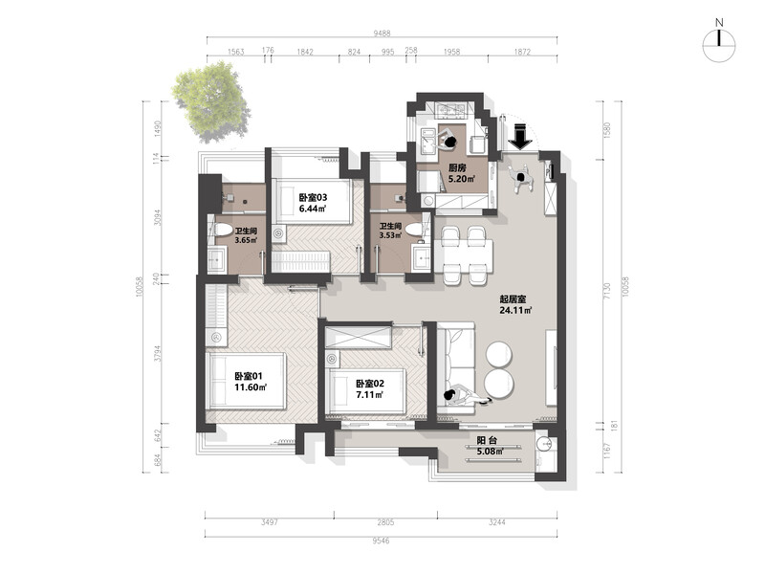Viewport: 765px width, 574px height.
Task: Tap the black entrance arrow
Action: tap(521, 137)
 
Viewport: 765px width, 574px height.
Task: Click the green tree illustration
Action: tap(211, 102)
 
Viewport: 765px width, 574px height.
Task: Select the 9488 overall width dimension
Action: tap(382, 33)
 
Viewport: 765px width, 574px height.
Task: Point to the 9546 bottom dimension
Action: tap(381, 541)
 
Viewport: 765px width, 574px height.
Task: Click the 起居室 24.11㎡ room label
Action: tap(515, 304)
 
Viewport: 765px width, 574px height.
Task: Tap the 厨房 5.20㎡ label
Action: tap(461, 173)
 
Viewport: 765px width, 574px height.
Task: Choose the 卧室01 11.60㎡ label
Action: tap(250, 382)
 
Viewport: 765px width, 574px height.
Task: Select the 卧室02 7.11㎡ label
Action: tap(370, 389)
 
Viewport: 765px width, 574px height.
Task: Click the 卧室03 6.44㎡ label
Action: tap(313, 203)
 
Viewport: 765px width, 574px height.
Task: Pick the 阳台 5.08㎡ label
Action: tap(490, 446)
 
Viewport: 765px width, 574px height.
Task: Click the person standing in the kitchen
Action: tap(448, 140)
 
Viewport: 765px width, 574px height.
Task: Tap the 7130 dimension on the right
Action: tap(606, 292)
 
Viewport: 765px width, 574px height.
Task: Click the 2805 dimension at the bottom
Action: tap(385, 522)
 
